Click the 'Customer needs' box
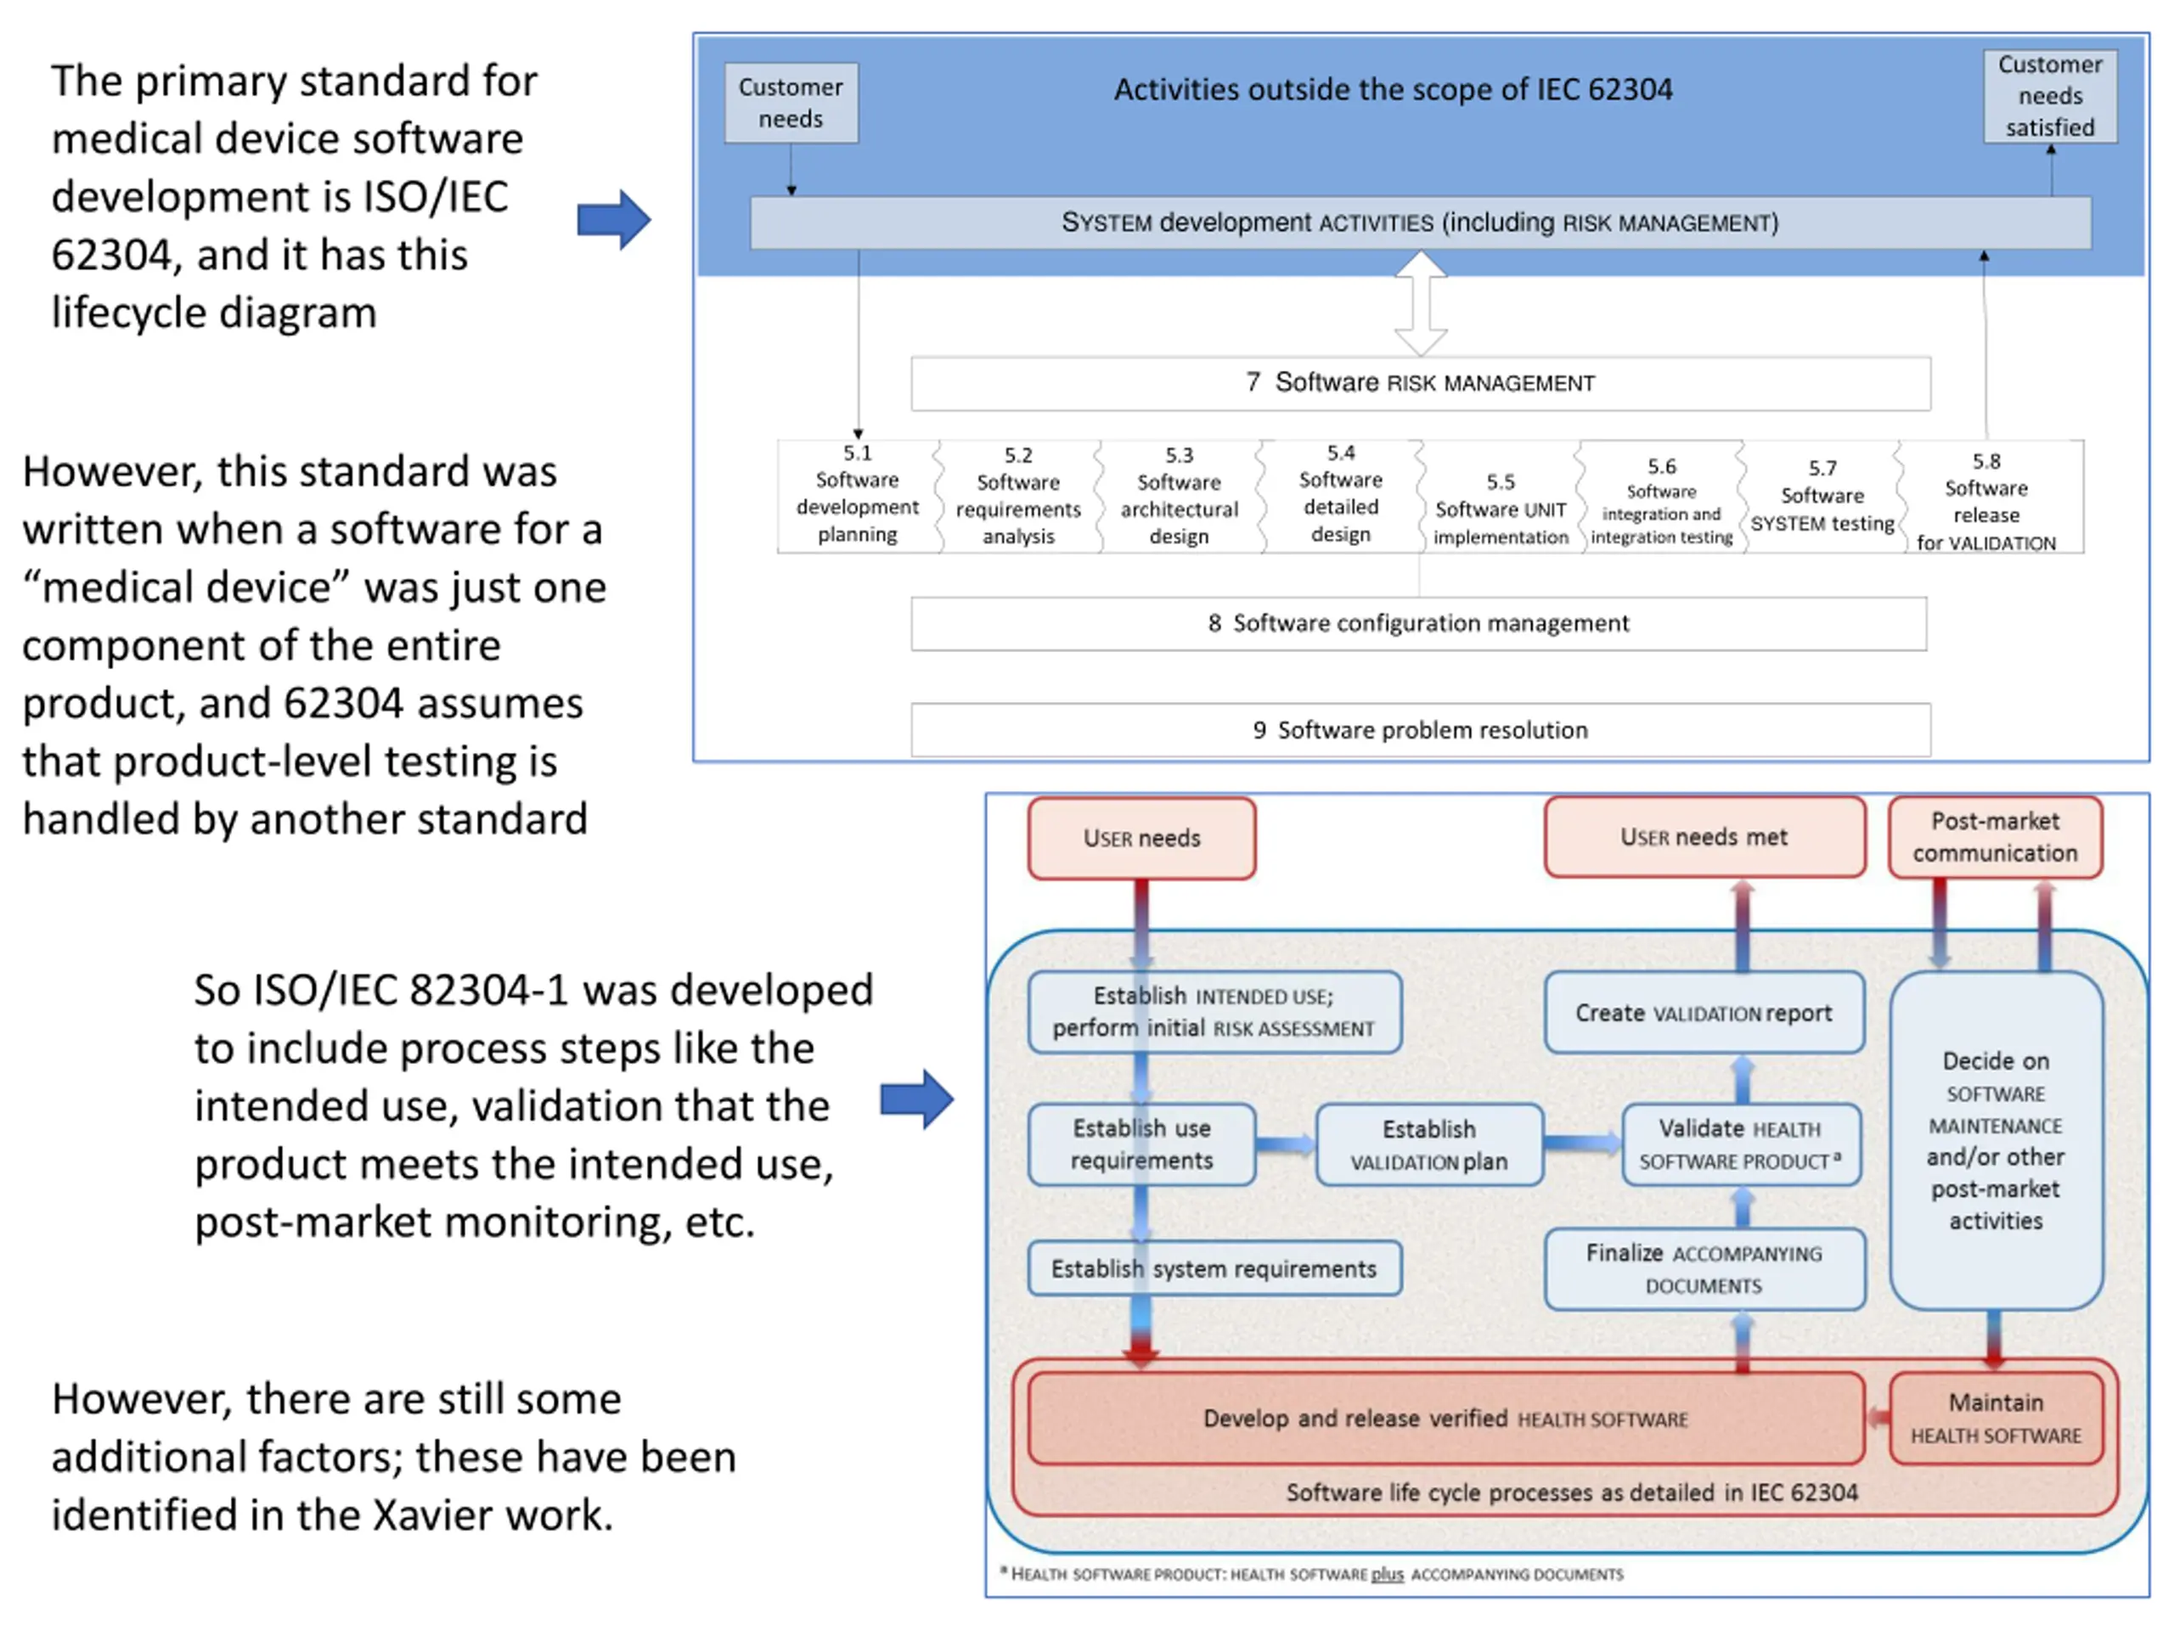pos(791,104)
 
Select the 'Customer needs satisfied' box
pos(2050,96)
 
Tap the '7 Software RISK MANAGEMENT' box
pos(1420,383)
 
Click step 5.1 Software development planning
pos(857,495)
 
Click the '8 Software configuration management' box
pos(1418,624)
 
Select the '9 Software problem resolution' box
pos(1420,730)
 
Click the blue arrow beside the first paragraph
pos(614,219)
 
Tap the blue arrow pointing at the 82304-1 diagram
pos(917,1099)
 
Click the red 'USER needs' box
pos(1142,838)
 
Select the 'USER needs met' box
pos(1704,837)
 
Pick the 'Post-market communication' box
pos(1995,837)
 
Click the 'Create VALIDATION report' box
pos(1704,1013)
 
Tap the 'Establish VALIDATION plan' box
pos(1429,1144)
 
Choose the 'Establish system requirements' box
pos(1214,1268)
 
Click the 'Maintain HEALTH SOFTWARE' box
pos(1995,1419)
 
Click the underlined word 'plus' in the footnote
pos(1387,1574)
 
